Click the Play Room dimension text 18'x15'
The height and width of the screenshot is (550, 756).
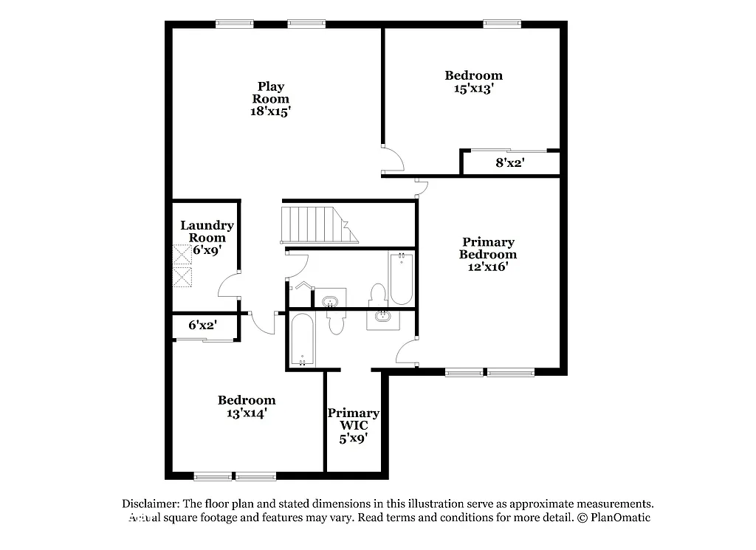click(x=270, y=111)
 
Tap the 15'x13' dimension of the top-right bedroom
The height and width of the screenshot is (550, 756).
click(x=473, y=88)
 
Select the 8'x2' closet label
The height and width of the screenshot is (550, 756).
click(x=509, y=163)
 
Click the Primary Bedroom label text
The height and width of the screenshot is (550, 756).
click(x=487, y=248)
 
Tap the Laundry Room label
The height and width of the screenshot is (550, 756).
click(x=207, y=231)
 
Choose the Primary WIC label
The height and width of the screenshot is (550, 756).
click(x=354, y=419)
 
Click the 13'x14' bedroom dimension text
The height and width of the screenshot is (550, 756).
click(x=246, y=413)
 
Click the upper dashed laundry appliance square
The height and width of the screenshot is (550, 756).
click(x=182, y=255)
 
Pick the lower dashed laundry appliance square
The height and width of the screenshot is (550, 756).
click(x=182, y=278)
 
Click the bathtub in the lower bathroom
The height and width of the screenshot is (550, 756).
click(x=303, y=340)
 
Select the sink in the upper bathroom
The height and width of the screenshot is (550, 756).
click(x=330, y=301)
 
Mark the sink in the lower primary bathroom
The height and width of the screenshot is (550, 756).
click(x=383, y=317)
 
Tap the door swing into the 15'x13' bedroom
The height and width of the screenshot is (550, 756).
click(x=391, y=158)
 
